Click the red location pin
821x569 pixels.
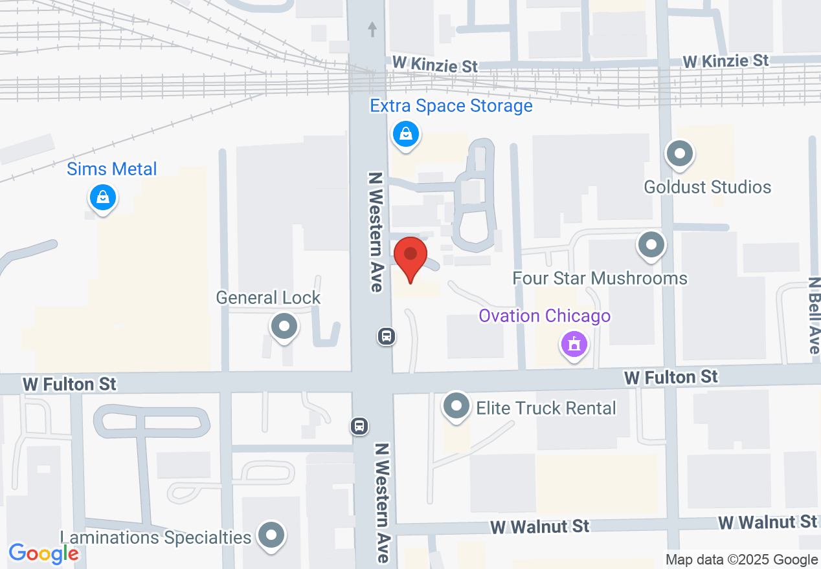click(x=410, y=258)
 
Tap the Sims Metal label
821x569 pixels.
click(x=112, y=169)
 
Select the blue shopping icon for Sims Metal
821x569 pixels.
click(x=102, y=197)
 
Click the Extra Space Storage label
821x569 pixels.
click(x=451, y=106)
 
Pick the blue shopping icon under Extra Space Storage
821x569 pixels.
click(x=405, y=134)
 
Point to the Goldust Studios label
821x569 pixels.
click(x=707, y=188)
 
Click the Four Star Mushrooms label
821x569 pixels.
click(x=600, y=279)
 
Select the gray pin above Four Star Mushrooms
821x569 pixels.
click(x=651, y=246)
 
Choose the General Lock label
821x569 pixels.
click(x=268, y=298)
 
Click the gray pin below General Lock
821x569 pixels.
click(x=284, y=326)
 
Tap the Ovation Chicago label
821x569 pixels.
click(x=545, y=316)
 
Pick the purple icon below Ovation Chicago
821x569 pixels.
click(x=573, y=344)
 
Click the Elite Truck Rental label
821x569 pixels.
click(x=546, y=409)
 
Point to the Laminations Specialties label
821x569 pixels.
click(x=155, y=538)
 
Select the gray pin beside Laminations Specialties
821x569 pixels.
click(x=271, y=535)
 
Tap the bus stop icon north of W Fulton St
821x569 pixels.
click(x=387, y=336)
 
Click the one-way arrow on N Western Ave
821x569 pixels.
click(x=372, y=29)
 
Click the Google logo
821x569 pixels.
click(x=43, y=553)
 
